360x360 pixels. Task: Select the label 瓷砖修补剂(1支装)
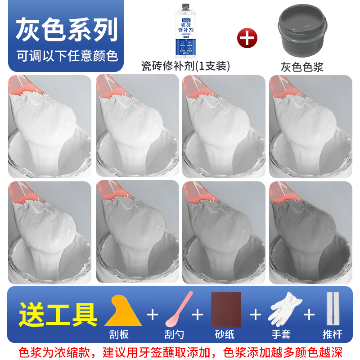coord(185,66)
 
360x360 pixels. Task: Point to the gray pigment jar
coord(302,31)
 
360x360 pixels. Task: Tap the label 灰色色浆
coord(302,67)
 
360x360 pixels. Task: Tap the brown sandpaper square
coord(226,310)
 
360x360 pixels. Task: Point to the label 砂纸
coord(225,334)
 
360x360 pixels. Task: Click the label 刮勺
coord(174,334)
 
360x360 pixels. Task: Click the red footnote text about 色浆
coord(180,351)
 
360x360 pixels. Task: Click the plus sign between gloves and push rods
coord(309,314)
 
